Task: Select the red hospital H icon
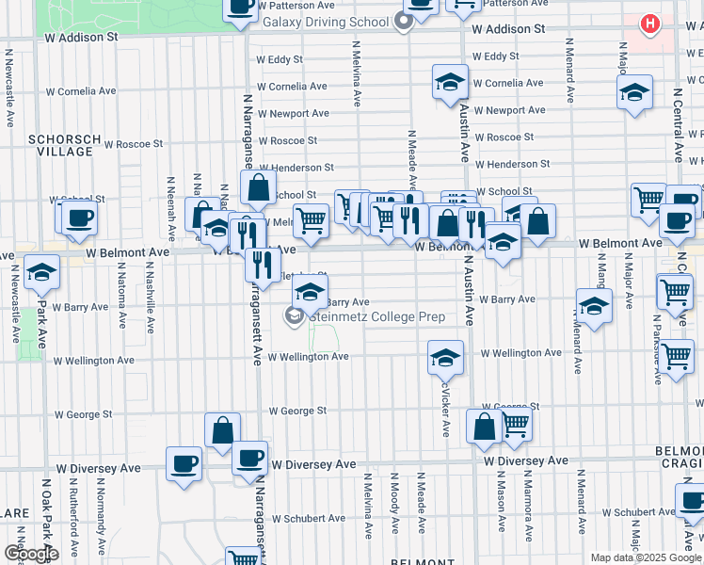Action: click(x=648, y=24)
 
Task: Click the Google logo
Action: click(x=31, y=553)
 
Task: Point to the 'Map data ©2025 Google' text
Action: click(x=646, y=557)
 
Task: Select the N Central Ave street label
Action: click(x=679, y=127)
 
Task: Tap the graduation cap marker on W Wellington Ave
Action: click(x=446, y=357)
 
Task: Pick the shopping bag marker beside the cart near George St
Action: click(x=484, y=426)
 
